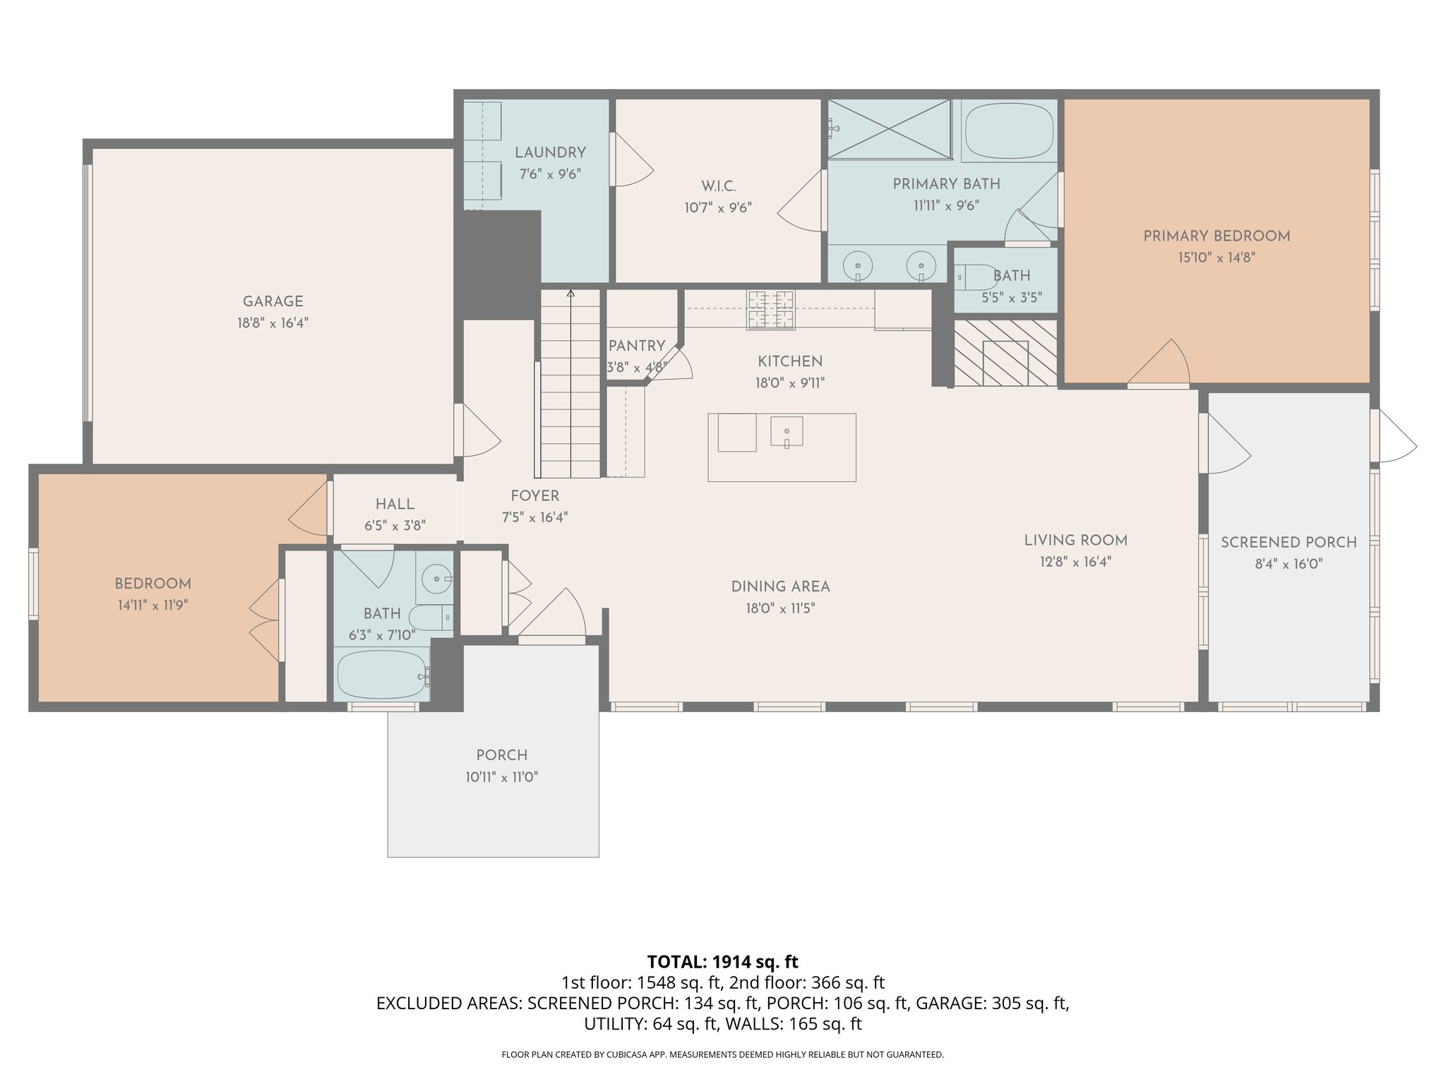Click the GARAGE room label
click(x=273, y=301)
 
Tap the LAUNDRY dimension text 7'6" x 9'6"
click(x=549, y=174)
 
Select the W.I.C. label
click(x=718, y=186)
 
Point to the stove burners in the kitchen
click(x=770, y=310)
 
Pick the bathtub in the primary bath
click(x=1008, y=131)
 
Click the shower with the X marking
click(x=889, y=129)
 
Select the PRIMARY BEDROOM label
click(x=1216, y=236)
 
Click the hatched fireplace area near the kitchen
click(x=1005, y=353)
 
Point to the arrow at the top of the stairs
click(x=570, y=293)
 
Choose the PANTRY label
click(x=636, y=346)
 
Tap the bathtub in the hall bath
click(x=381, y=675)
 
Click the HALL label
click(x=394, y=504)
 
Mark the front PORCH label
click(x=501, y=755)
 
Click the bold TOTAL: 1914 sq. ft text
click(x=722, y=961)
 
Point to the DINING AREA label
click(x=779, y=586)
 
